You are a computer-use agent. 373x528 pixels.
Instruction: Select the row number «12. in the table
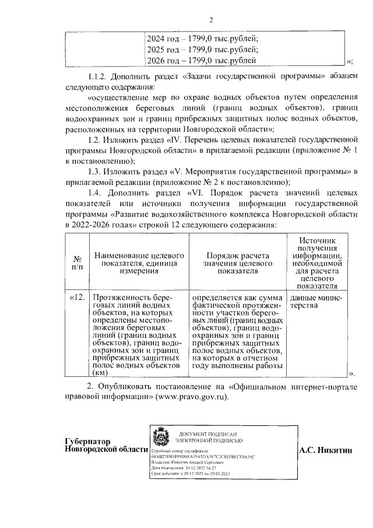point(78,297)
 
